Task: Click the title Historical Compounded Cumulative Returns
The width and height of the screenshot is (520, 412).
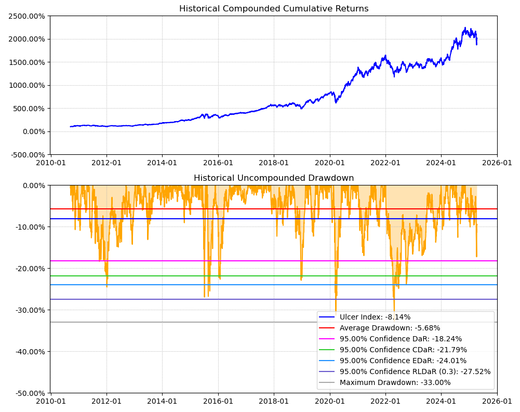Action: [274, 9]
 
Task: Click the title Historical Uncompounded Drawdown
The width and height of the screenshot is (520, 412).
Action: [274, 178]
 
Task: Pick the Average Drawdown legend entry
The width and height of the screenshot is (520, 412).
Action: [390, 328]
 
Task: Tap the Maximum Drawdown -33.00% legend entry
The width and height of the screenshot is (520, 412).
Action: [395, 383]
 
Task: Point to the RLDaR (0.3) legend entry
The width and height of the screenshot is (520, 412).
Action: [415, 371]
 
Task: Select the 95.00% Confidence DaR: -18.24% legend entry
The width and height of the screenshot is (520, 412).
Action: [401, 339]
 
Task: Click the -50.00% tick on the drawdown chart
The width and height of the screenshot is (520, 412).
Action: [30, 393]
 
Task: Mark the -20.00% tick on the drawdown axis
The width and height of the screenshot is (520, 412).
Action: [30, 269]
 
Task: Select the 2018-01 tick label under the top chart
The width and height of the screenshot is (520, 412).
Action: [274, 162]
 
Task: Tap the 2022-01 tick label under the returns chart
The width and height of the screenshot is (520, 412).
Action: [385, 162]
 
